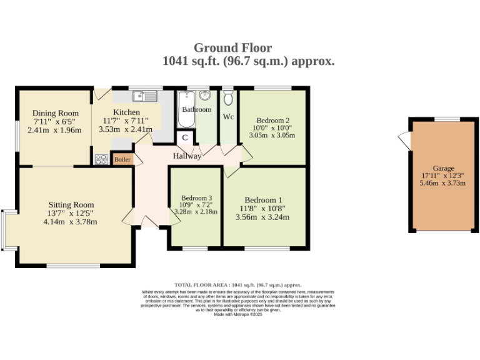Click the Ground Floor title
pos(232,47)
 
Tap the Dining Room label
pos(56,113)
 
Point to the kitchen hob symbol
pos(101,159)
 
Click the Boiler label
pos(123,159)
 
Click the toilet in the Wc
pos(228,98)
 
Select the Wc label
pos(228,116)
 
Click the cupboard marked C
pos(186,138)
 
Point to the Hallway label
pos(187,156)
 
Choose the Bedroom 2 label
pos(272,121)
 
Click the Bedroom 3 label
pos(196,197)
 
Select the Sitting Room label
pos(71,204)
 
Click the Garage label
pos(444,168)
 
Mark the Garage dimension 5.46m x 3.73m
pos(444,184)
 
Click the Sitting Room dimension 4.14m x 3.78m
pos(71,221)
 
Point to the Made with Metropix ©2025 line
pos(238,314)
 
